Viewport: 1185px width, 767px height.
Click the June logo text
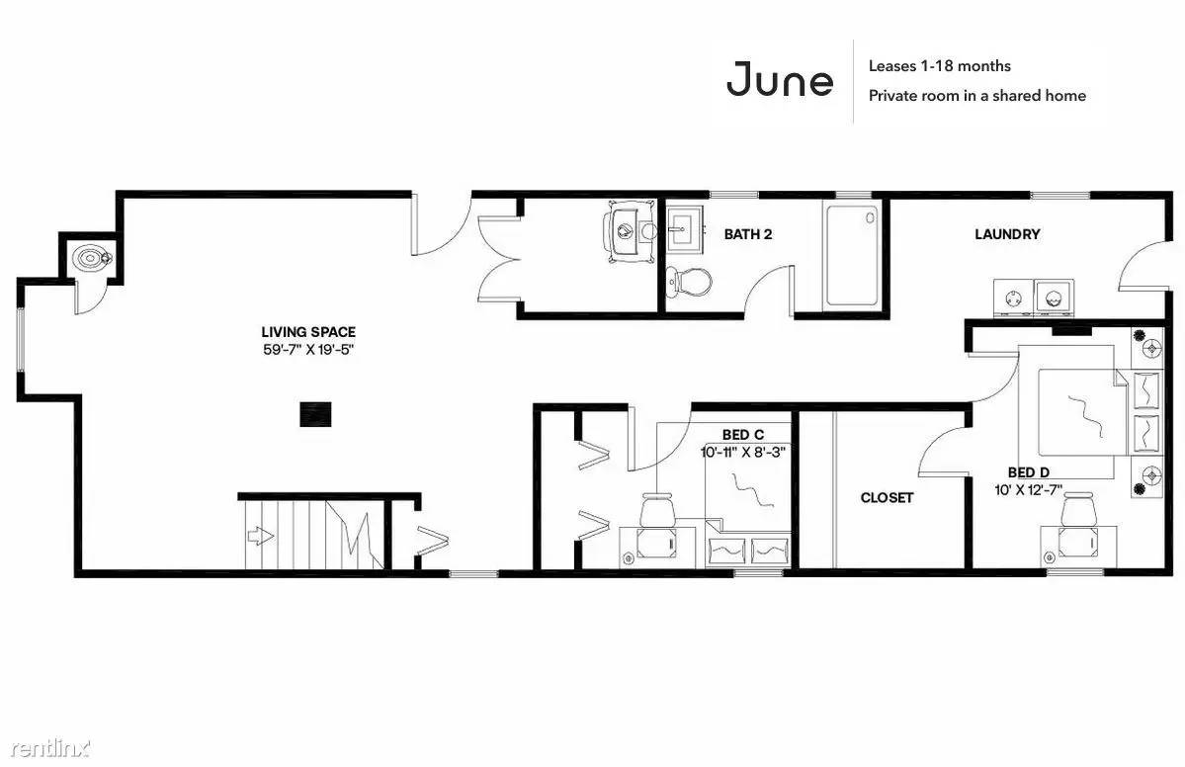(x=780, y=79)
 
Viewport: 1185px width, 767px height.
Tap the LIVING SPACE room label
(x=308, y=332)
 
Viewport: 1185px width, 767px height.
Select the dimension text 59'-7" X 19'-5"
(x=308, y=350)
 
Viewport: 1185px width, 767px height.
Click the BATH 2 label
(x=748, y=234)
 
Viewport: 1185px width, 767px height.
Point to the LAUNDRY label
(x=1007, y=234)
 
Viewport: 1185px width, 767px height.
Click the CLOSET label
(x=888, y=498)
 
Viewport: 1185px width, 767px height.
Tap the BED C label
(x=743, y=435)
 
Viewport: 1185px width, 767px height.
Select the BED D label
(x=1029, y=473)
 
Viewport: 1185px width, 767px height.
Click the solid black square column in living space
(x=316, y=414)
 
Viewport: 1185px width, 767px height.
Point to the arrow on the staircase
(x=259, y=537)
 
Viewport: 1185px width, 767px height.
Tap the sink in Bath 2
(x=686, y=227)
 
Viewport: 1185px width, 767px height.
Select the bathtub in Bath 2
(x=853, y=254)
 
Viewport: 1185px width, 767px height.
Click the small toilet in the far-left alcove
(x=92, y=258)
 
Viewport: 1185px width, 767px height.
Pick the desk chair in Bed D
(x=1078, y=509)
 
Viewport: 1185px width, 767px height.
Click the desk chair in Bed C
(x=656, y=510)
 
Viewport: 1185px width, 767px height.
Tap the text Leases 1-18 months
(x=939, y=66)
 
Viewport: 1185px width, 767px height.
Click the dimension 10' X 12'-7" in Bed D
(x=1029, y=489)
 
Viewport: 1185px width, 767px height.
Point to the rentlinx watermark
(x=50, y=749)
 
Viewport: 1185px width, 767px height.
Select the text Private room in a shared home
(x=977, y=96)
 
